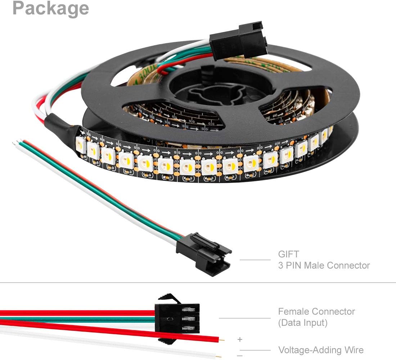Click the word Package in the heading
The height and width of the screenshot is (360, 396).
(50, 8)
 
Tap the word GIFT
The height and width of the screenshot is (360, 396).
(288, 254)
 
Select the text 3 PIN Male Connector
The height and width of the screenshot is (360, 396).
(324, 266)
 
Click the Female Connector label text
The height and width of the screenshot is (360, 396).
(316, 311)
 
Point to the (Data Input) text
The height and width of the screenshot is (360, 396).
(302, 323)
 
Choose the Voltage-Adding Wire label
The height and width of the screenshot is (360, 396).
(320, 350)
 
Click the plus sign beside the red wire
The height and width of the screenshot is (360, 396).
(240, 339)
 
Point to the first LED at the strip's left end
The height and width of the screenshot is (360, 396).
(81, 146)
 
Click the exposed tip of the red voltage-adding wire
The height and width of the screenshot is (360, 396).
(223, 339)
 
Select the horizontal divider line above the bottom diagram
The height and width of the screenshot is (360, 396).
(198, 283)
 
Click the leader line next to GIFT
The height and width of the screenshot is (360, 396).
(255, 260)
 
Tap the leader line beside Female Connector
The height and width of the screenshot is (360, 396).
(244, 318)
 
